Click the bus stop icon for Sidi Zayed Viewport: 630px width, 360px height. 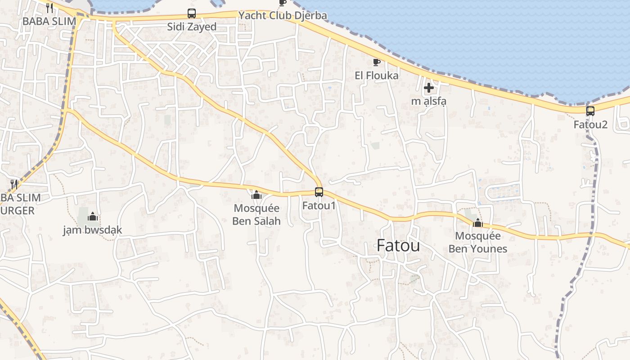click(x=192, y=13)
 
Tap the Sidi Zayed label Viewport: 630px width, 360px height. click(x=192, y=27)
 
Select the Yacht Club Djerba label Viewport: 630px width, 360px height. click(x=283, y=15)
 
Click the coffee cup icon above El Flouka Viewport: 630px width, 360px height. click(x=377, y=62)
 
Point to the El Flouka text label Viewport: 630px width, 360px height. click(x=377, y=75)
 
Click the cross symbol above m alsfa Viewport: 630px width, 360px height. click(x=428, y=88)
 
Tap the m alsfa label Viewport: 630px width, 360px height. click(x=428, y=101)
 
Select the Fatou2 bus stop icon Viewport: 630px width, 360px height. click(x=590, y=111)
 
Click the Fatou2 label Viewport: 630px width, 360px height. click(x=590, y=124)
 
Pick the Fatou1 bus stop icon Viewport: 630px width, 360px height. click(x=319, y=192)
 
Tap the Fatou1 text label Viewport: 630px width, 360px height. click(x=319, y=206)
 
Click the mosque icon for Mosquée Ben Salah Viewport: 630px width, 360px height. click(x=256, y=195)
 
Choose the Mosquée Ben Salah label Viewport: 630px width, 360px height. click(x=257, y=215)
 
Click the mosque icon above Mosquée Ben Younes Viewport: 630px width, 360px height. click(x=478, y=223)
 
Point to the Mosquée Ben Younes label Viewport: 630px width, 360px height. click(x=478, y=242)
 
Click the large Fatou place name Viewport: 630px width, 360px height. click(x=398, y=246)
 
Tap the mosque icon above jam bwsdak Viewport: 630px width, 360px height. click(x=93, y=217)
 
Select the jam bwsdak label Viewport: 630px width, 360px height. click(x=93, y=230)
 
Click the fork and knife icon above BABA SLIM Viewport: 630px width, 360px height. click(x=49, y=8)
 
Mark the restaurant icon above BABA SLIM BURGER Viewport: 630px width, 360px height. click(x=14, y=184)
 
